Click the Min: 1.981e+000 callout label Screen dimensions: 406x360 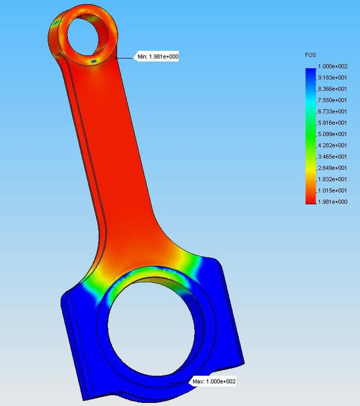tap(157, 57)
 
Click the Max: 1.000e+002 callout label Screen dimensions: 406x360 tap(214, 381)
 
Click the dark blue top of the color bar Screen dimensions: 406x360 tap(310, 73)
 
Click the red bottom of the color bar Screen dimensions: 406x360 tap(310, 199)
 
